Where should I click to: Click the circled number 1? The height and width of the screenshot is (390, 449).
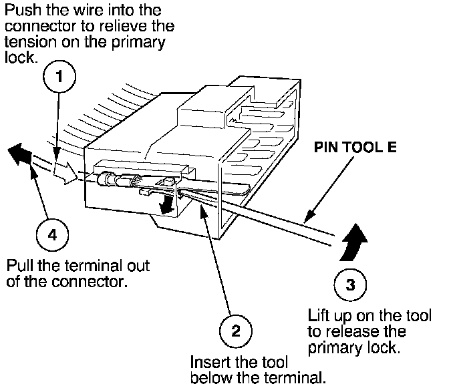(59, 76)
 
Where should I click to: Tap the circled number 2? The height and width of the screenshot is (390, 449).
(236, 331)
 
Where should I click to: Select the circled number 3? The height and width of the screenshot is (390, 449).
(350, 284)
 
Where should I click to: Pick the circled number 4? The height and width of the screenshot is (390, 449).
(52, 235)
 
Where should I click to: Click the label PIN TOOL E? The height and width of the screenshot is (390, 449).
(355, 147)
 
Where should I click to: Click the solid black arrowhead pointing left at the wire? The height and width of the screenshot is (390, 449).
(19, 154)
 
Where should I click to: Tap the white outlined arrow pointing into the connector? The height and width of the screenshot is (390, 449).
(65, 172)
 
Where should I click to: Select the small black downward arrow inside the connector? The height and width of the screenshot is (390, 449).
(166, 204)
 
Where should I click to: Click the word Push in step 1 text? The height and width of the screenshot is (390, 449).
(23, 10)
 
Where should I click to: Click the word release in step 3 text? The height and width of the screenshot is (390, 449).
(365, 332)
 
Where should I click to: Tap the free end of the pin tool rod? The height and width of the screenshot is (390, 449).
(333, 240)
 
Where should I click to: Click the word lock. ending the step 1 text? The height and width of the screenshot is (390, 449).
(21, 57)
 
